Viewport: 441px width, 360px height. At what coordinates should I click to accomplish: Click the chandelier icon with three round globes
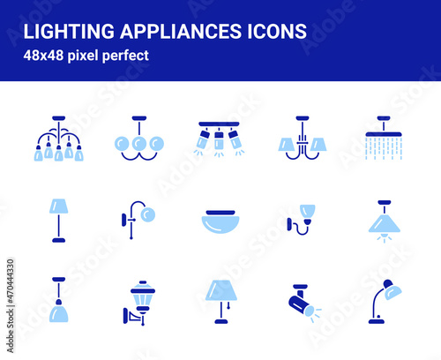click(138, 139)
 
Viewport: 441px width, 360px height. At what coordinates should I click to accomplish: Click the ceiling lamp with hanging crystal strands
click(383, 139)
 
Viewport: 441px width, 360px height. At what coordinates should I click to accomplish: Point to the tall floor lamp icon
click(59, 220)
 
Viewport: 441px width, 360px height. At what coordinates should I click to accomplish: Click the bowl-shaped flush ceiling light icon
click(219, 221)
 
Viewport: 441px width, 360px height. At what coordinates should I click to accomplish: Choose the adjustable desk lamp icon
click(383, 301)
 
